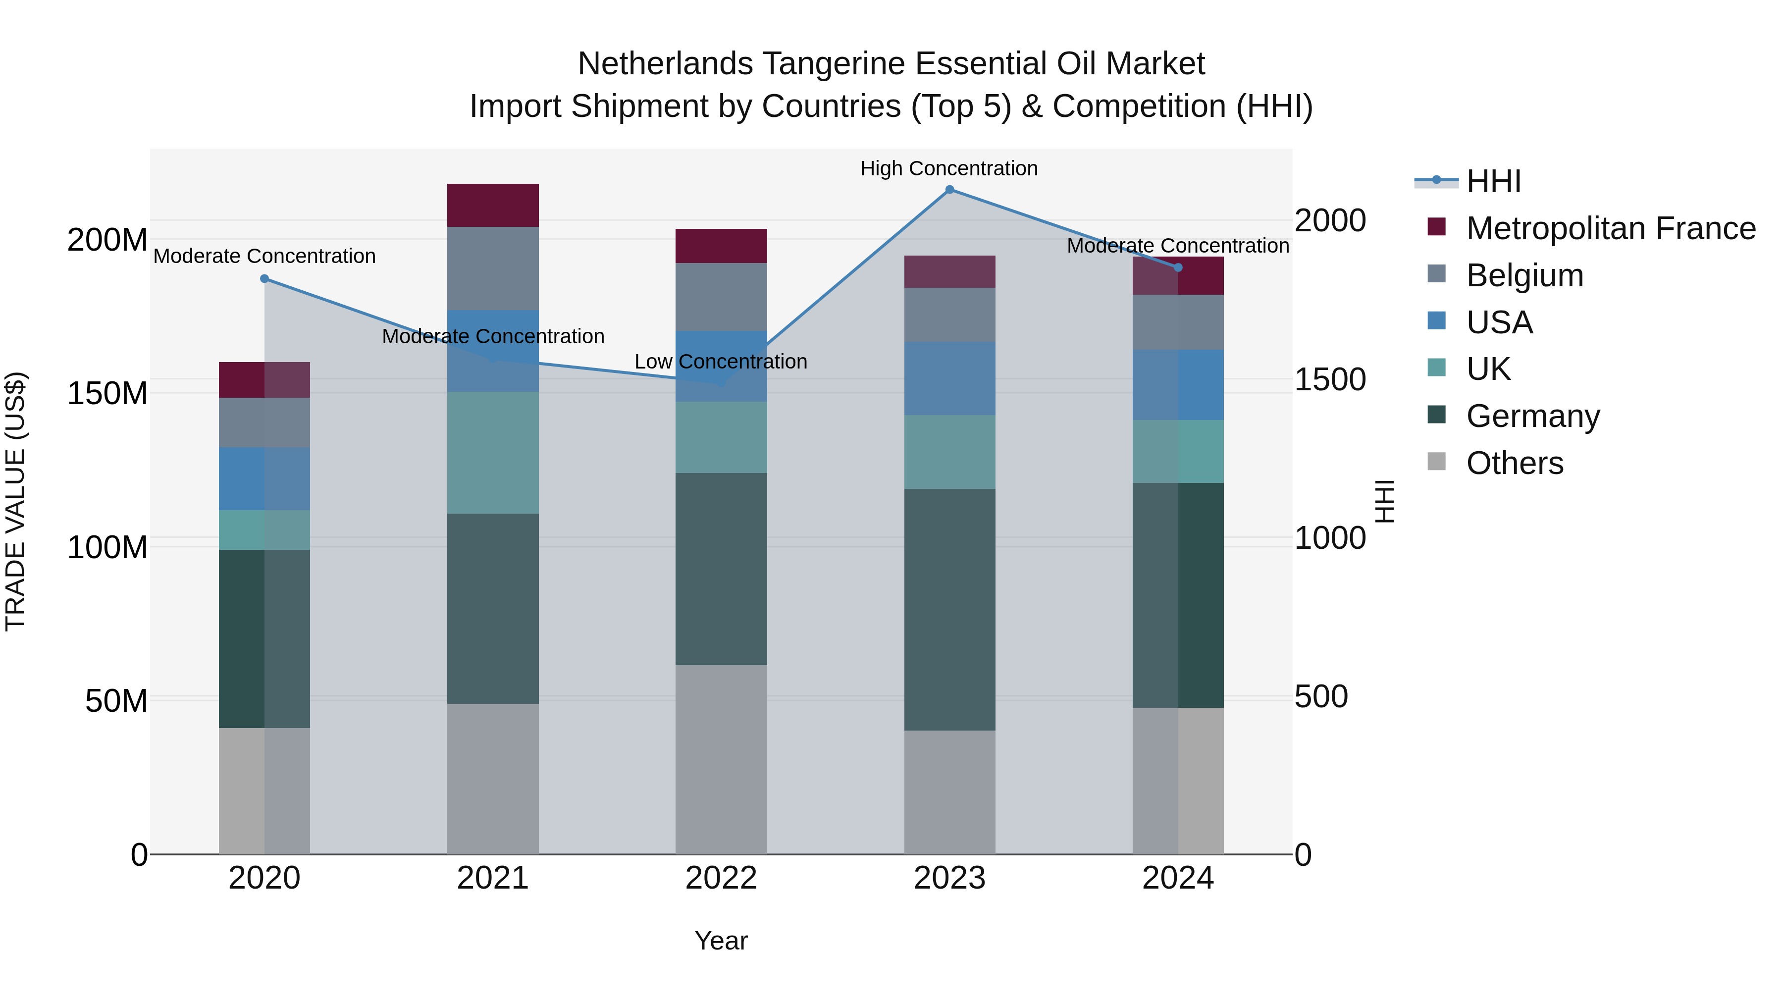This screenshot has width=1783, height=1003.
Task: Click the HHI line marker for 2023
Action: tap(949, 190)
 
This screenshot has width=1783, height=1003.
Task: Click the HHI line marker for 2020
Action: tap(264, 279)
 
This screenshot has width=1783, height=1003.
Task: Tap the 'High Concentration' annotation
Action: tap(949, 169)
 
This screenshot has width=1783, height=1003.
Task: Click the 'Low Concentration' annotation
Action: tap(721, 362)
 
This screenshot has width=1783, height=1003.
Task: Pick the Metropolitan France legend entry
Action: tap(1611, 228)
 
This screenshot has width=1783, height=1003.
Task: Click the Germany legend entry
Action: tap(1533, 416)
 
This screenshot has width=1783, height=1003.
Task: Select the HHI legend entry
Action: tap(1494, 181)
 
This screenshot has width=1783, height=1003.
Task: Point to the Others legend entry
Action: tap(1515, 463)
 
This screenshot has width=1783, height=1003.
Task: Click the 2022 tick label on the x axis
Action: tap(721, 878)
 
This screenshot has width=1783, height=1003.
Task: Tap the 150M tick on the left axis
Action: tap(107, 394)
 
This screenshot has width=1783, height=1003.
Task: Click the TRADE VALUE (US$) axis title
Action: tap(15, 501)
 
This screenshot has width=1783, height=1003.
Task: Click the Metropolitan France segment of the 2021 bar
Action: tap(493, 206)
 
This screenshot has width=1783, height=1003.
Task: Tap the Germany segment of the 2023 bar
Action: tap(949, 609)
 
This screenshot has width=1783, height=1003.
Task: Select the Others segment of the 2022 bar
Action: tap(721, 759)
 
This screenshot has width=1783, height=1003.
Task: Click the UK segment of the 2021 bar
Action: tap(493, 453)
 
